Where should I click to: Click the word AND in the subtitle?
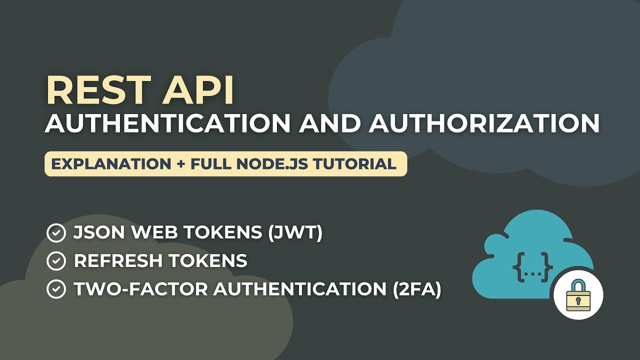click(329, 123)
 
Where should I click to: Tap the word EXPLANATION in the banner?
click(111, 164)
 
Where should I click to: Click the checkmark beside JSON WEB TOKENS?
click(56, 233)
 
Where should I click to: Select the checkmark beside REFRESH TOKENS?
click(56, 261)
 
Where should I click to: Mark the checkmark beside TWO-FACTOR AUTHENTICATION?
click(56, 289)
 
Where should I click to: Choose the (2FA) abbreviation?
click(414, 289)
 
